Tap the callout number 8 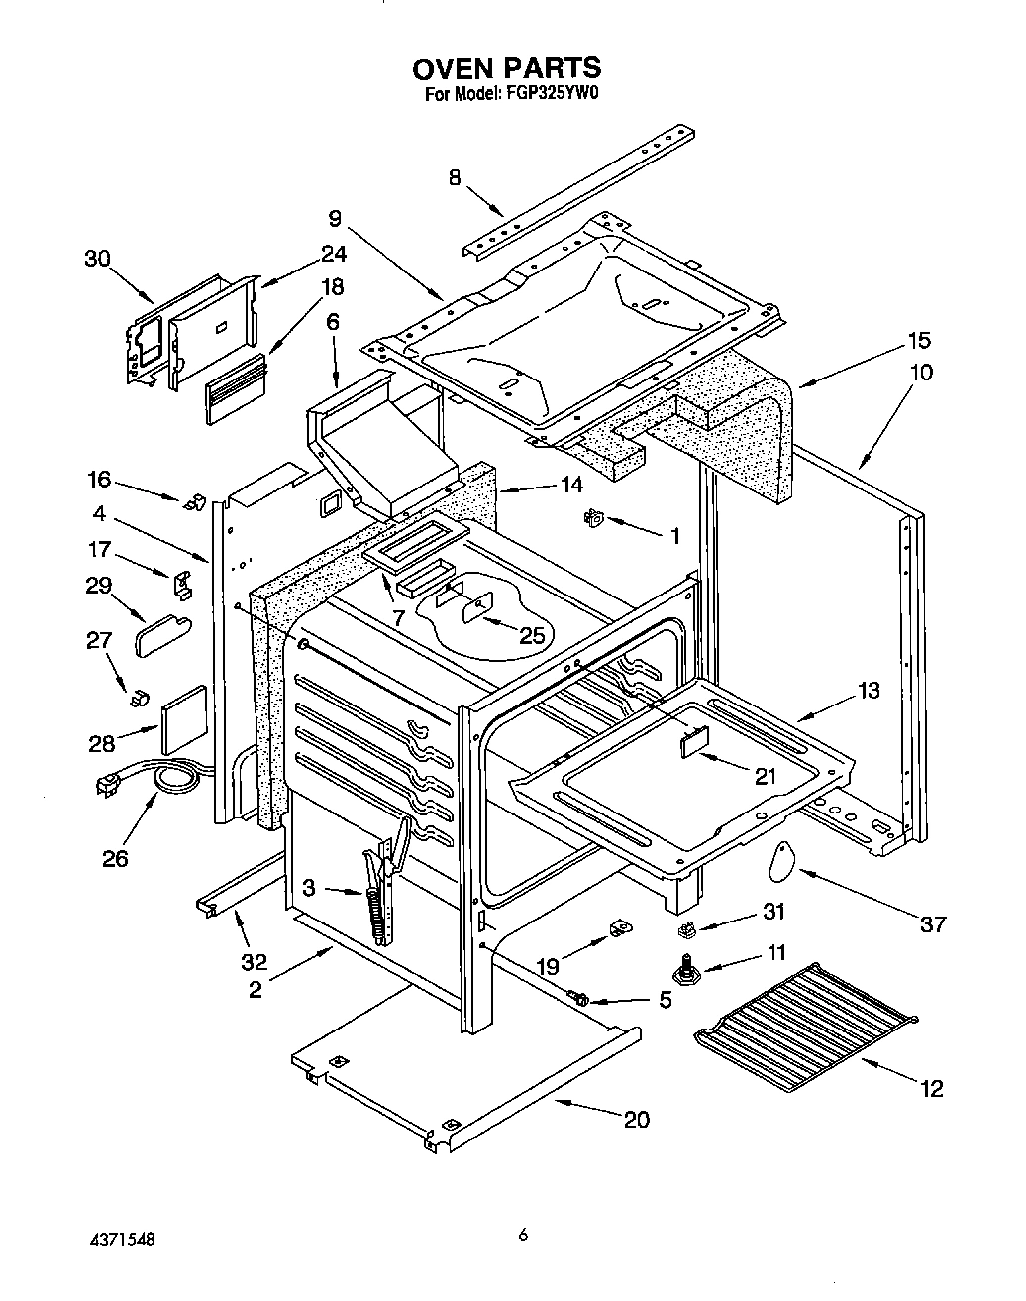point(455,177)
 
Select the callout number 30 point(96,259)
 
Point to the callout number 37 point(932,924)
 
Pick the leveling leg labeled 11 point(683,968)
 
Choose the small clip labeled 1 point(596,516)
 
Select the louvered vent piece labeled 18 point(236,389)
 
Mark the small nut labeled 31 point(686,929)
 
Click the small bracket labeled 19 point(618,927)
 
